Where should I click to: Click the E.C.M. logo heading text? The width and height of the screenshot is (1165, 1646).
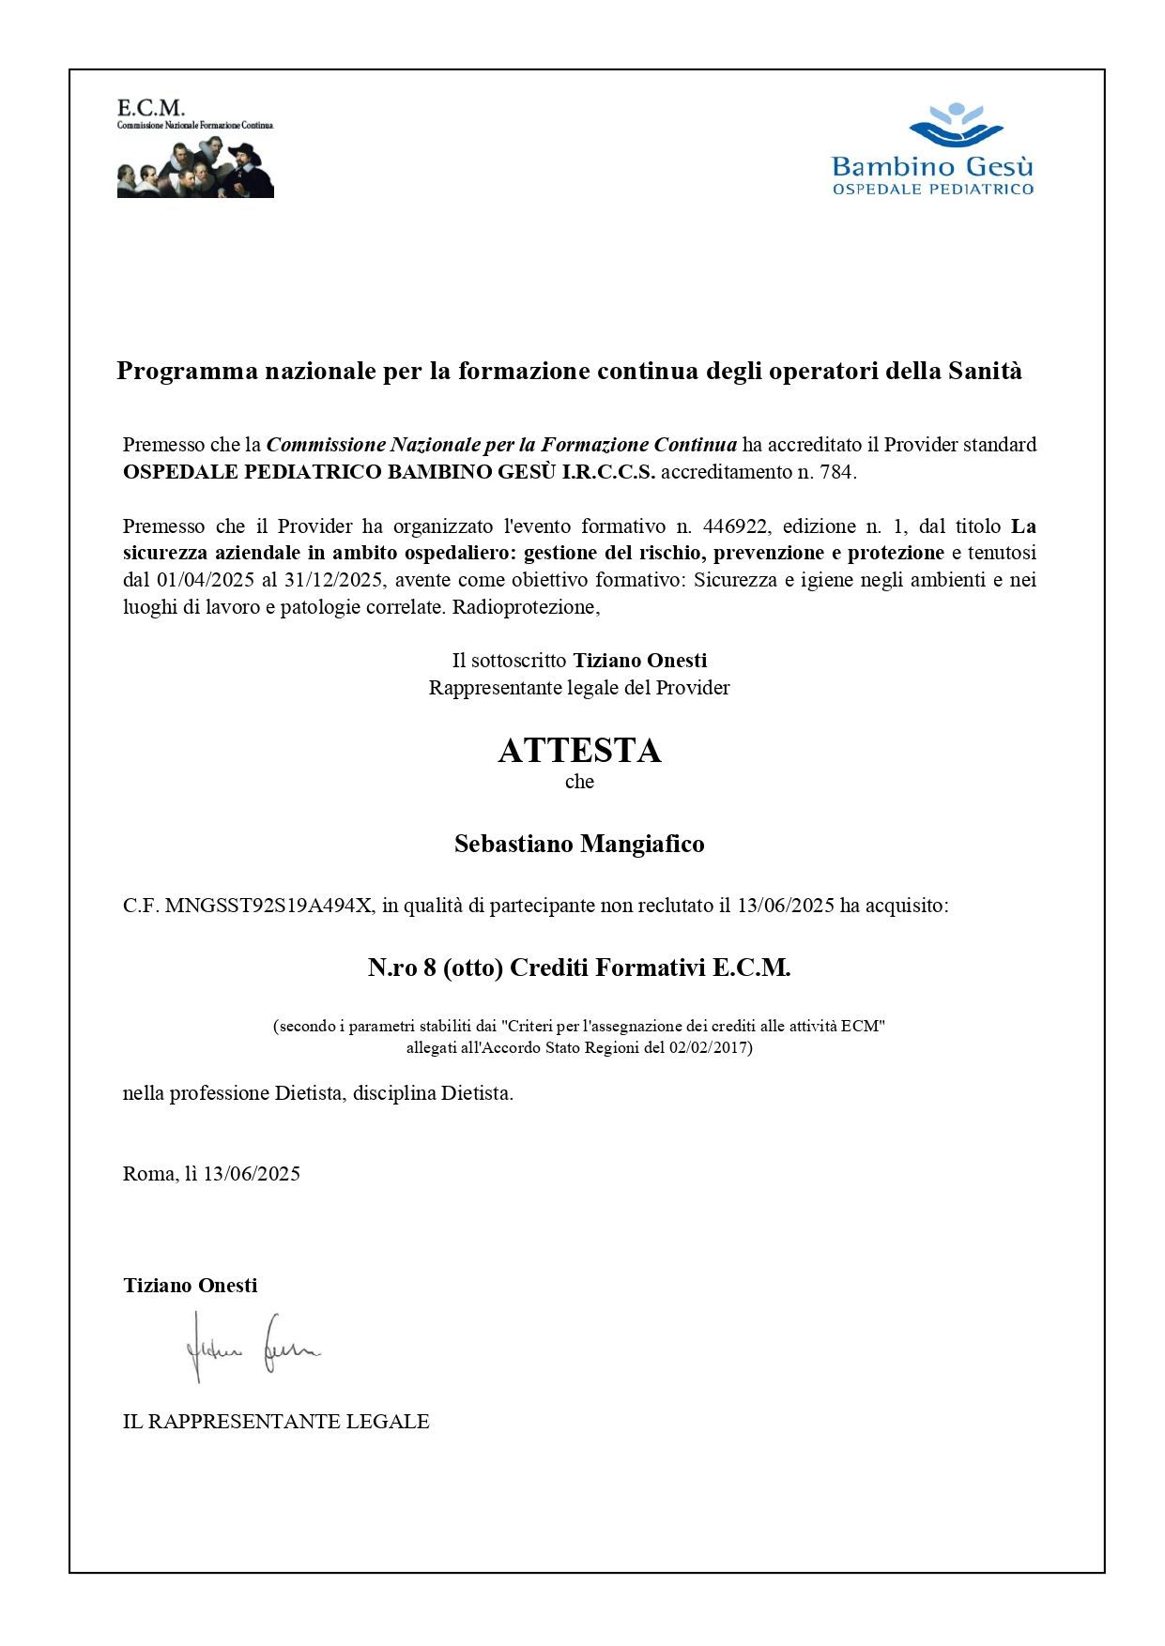coord(150,108)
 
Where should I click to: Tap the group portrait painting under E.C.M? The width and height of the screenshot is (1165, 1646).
coord(195,168)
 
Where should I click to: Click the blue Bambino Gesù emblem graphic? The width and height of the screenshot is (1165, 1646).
coord(954,126)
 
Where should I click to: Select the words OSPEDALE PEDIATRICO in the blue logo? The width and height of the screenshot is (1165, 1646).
coord(932,190)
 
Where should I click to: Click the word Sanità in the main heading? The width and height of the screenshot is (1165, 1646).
coord(985,371)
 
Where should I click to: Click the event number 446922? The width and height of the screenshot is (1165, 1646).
coord(736,526)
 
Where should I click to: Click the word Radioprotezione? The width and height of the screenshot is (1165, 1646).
coord(525,607)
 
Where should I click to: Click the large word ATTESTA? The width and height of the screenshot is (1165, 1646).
coord(579,751)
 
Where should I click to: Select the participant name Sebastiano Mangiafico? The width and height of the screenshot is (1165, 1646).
coord(579,844)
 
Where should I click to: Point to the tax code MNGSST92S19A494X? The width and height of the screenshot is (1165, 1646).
coord(268,906)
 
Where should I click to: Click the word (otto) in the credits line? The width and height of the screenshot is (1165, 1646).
coord(473,968)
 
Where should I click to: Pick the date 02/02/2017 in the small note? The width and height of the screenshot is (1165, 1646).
coord(708,1047)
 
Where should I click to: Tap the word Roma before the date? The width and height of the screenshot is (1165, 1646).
coord(148,1174)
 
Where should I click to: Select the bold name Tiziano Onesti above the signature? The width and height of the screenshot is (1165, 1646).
coord(190,1286)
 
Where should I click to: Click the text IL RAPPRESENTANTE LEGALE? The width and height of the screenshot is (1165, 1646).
coord(276,1422)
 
